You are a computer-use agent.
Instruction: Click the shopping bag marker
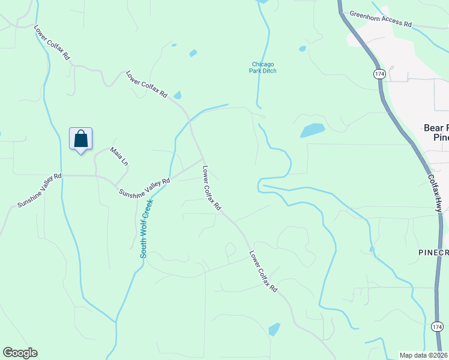80,139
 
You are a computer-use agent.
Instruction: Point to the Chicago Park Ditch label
264,67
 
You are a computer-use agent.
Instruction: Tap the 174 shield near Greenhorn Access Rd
379,73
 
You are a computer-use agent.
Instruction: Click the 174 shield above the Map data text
437,326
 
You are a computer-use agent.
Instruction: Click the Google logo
20,353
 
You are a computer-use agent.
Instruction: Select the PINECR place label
433,253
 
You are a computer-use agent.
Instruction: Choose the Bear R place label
436,128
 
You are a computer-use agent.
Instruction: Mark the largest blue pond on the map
312,130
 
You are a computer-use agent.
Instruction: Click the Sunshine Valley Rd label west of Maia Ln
39,190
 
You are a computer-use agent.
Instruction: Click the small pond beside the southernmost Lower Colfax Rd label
274,329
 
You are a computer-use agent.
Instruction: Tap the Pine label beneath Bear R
441,137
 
